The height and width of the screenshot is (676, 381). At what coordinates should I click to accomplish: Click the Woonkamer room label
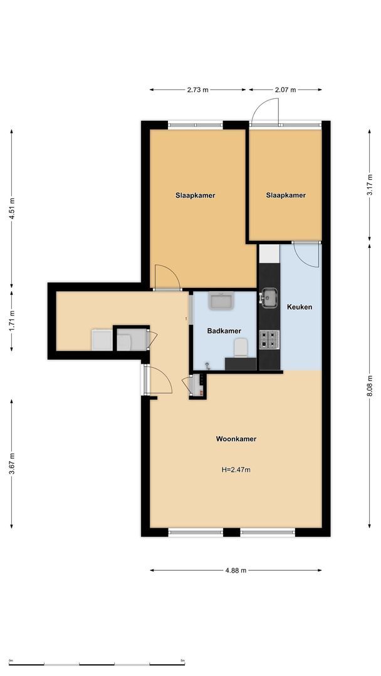coord(236,439)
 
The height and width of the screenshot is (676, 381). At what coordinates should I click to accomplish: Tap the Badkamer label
coord(224,330)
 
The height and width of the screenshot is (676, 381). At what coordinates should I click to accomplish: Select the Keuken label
coord(299,307)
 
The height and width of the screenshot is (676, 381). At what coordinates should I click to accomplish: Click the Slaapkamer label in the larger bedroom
coord(195,195)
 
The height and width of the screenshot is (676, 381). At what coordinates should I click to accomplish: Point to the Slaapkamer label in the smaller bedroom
coord(286,195)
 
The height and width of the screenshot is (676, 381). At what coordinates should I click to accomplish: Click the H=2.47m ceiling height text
coord(236,469)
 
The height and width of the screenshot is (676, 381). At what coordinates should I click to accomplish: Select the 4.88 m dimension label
coord(236,570)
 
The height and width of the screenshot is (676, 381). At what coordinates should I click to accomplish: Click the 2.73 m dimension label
coord(198,90)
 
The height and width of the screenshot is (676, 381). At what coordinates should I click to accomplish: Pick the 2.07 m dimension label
coord(285,90)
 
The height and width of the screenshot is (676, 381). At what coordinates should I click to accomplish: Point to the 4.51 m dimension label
coord(11,207)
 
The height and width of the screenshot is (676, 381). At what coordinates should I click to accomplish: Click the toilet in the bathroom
coord(239,347)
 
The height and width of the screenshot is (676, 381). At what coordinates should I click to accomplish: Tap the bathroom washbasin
coord(221,302)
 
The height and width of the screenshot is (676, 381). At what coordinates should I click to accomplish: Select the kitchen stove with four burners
coord(269,339)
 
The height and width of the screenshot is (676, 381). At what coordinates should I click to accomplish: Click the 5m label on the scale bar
coord(183,660)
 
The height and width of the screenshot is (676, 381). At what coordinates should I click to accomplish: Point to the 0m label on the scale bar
coord(11,660)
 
